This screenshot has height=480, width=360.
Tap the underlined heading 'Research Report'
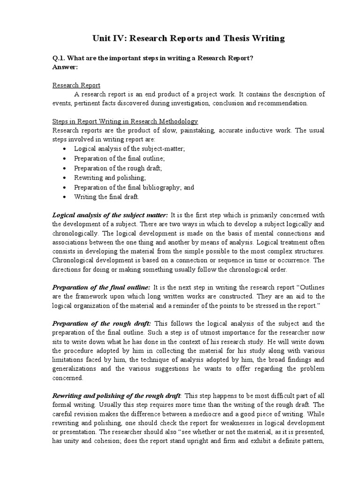[76, 85]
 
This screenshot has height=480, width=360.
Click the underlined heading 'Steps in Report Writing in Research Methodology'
[125, 121]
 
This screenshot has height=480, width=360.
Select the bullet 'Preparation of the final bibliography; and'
[134, 187]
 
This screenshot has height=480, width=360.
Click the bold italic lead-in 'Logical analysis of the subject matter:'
[110, 215]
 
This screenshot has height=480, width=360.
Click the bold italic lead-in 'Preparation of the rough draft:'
[101, 323]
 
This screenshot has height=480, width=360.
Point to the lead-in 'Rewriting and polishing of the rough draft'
[116, 396]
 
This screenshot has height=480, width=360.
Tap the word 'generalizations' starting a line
[75, 368]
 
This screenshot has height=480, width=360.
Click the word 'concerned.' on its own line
[68, 378]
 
